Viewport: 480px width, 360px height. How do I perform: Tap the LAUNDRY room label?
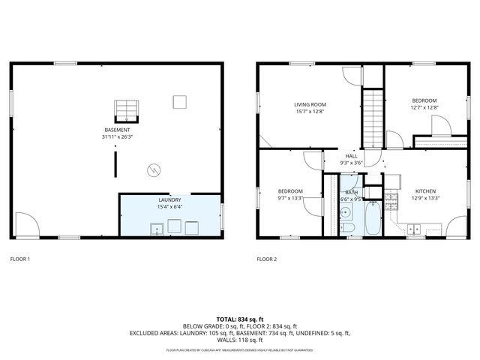click(169, 200)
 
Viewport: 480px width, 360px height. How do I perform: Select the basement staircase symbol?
click(127, 110)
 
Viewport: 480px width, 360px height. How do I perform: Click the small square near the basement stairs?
click(179, 100)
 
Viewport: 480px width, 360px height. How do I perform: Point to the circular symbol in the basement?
click(154, 169)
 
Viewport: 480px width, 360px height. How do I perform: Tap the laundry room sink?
click(157, 229)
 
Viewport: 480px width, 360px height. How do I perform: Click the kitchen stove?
click(391, 201)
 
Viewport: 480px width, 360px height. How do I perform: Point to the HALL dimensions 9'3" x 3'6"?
click(351, 163)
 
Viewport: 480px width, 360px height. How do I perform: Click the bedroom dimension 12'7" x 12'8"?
click(424, 107)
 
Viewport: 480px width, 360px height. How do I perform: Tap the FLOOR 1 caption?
click(19, 259)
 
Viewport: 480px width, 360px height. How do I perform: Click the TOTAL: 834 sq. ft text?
click(240, 319)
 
